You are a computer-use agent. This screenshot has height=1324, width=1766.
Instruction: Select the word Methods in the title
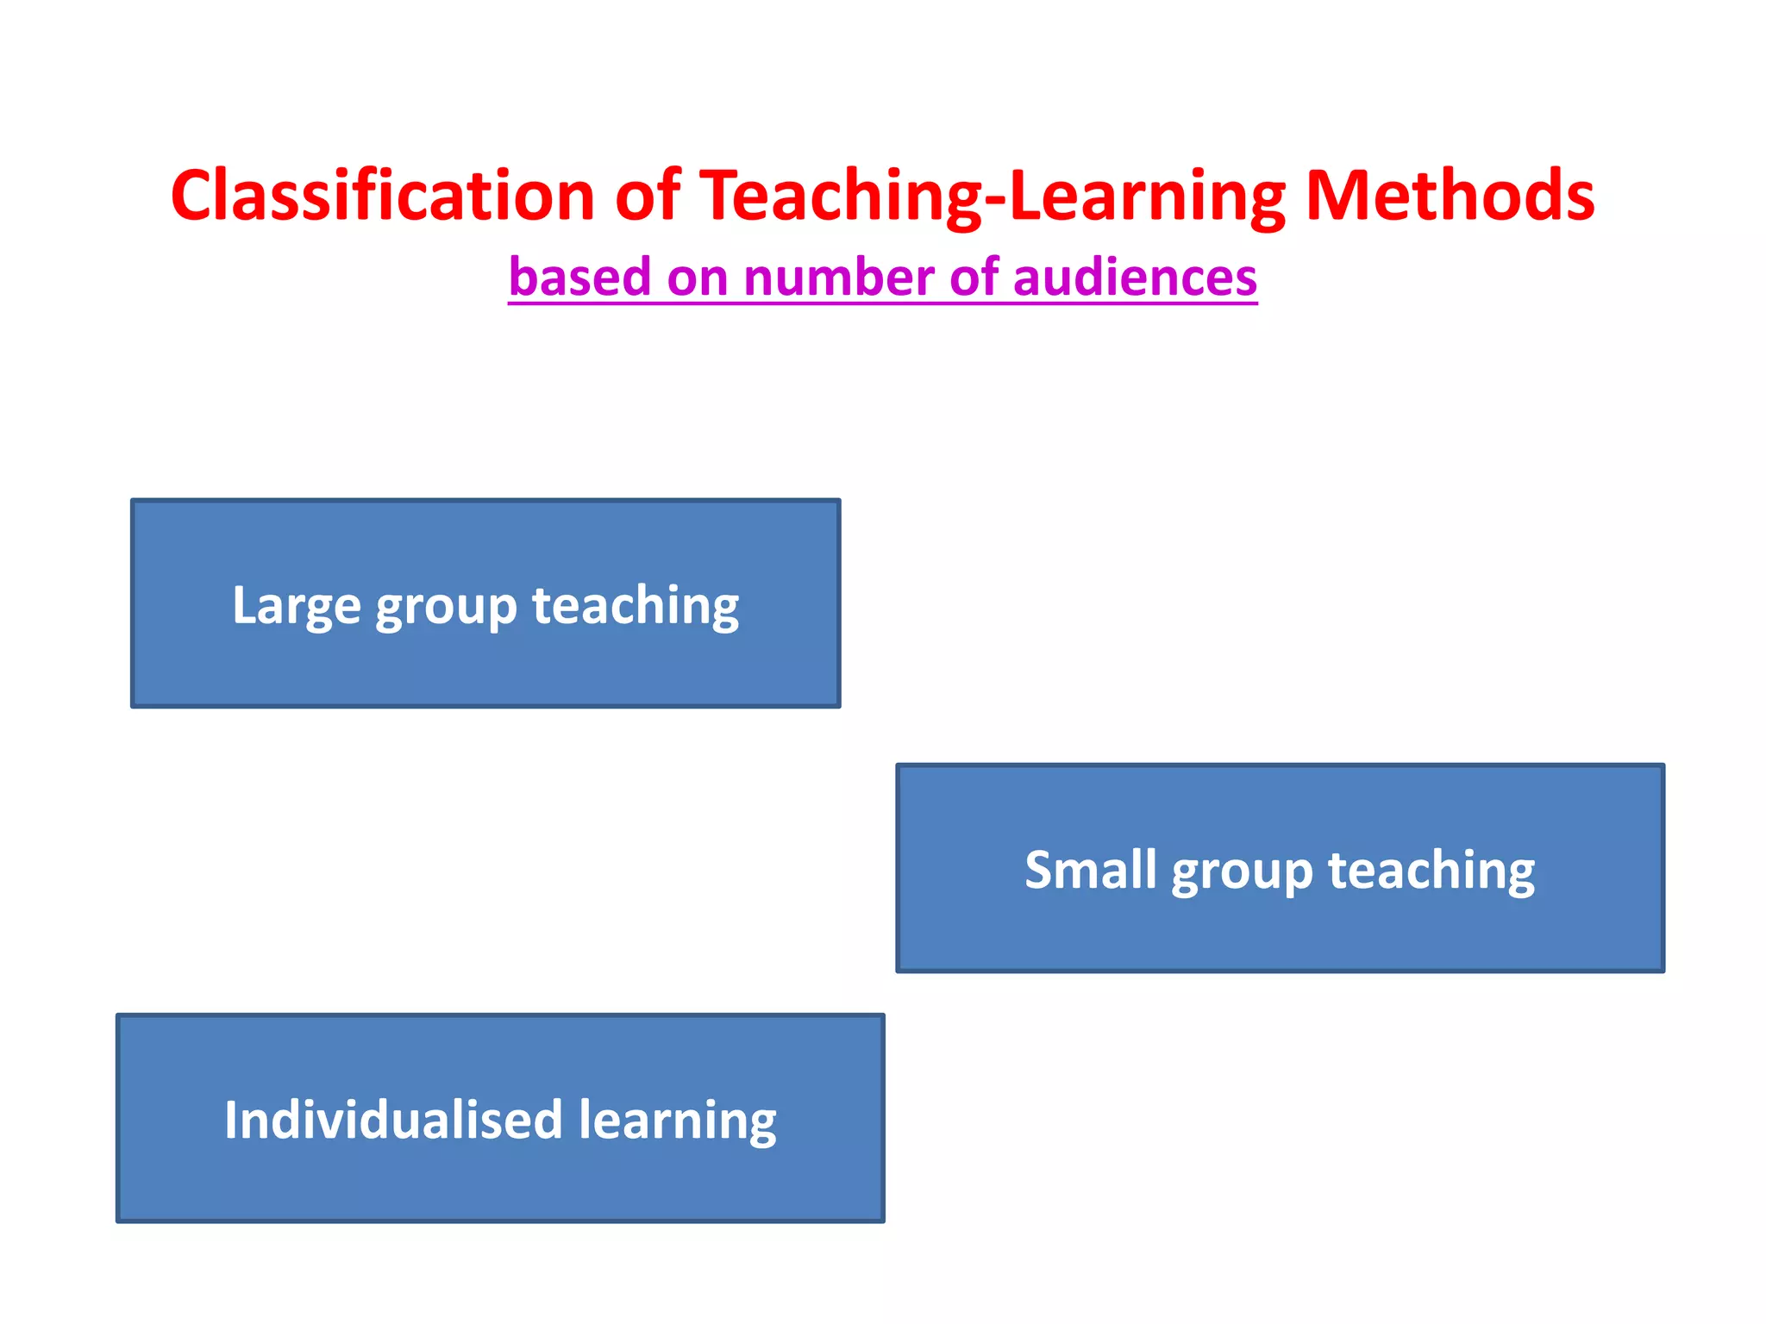(1450, 196)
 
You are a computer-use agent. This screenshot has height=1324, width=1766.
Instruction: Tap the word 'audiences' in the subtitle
(1135, 278)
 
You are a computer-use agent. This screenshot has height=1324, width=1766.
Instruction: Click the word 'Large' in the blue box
(296, 605)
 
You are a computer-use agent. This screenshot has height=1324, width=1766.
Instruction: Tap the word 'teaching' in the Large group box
(636, 605)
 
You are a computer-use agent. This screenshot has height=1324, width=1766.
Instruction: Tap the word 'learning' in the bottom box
(678, 1121)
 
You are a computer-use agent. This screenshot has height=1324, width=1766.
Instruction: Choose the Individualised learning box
(500, 1181)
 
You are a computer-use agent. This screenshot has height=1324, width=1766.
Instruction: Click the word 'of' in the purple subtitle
(975, 278)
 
